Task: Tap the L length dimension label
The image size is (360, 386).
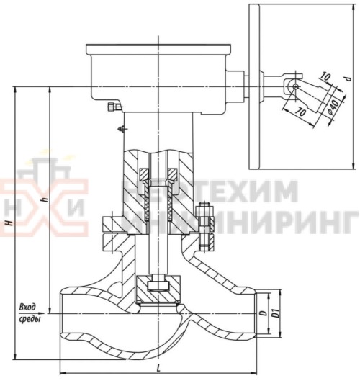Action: tap(157, 367)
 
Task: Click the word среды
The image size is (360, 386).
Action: tap(29, 318)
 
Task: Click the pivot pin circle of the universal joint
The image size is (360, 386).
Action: tap(294, 86)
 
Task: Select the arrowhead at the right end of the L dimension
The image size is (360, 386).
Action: tap(253, 374)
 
